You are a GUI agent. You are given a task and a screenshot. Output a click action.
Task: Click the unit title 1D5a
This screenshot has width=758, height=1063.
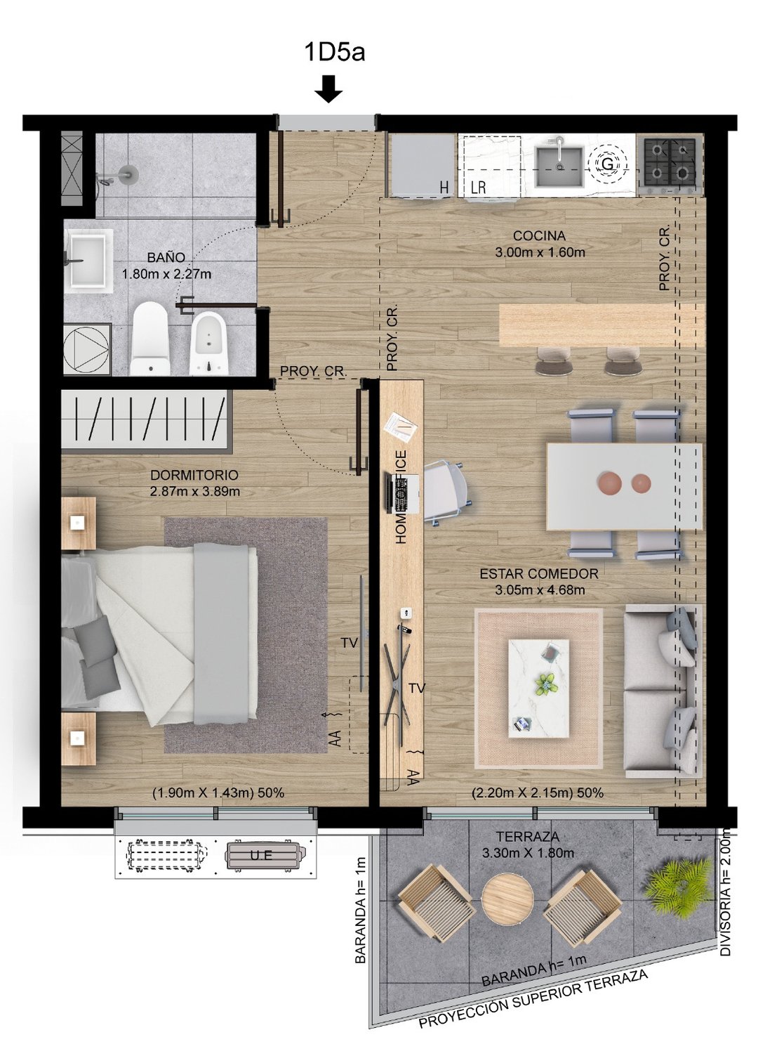pyautogui.click(x=333, y=52)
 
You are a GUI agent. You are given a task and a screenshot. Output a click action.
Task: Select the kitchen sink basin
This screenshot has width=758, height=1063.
pyautogui.click(x=559, y=165)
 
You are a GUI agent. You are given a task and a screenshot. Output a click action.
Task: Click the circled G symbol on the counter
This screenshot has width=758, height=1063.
pyautogui.click(x=606, y=164)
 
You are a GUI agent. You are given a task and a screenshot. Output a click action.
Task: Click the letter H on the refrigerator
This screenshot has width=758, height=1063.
pyautogui.click(x=444, y=188)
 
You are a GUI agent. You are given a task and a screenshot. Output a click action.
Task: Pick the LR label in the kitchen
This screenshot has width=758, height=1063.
pyautogui.click(x=479, y=188)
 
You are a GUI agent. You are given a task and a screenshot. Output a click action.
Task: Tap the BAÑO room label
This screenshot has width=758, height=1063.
pyautogui.click(x=166, y=258)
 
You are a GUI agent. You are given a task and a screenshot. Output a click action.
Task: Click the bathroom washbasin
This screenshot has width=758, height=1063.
pyautogui.click(x=88, y=259)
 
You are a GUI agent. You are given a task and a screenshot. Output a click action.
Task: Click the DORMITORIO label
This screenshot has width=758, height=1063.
pyautogui.click(x=194, y=475)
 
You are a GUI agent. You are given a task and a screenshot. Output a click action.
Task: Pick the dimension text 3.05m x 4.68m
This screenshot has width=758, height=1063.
pyautogui.click(x=540, y=590)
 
